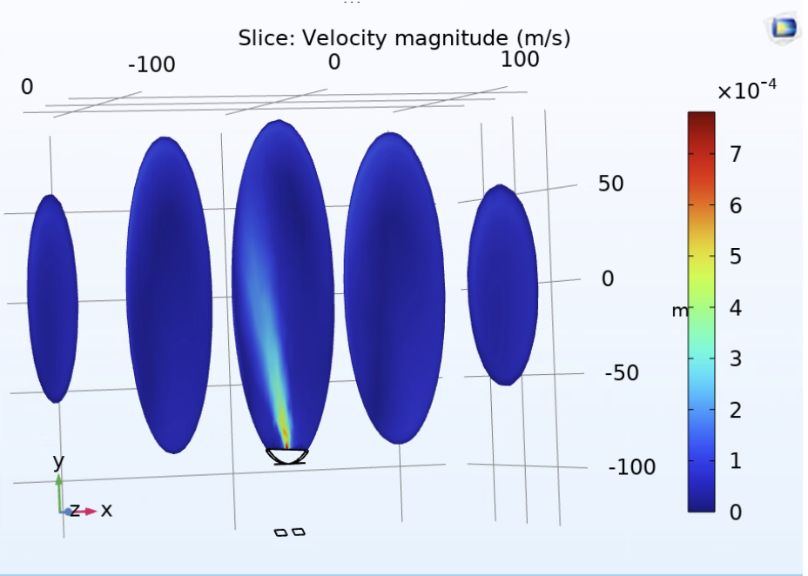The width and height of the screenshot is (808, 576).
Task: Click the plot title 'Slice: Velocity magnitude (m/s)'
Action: click(404, 38)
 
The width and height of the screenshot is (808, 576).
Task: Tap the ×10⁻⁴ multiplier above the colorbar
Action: click(746, 90)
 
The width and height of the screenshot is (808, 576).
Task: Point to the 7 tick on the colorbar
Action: click(735, 154)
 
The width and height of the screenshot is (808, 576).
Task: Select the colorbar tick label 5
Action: click(735, 257)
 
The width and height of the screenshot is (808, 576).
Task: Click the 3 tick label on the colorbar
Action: click(735, 358)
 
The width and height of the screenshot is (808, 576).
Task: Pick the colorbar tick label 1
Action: click(735, 461)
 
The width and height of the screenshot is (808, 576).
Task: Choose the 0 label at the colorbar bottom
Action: click(735, 512)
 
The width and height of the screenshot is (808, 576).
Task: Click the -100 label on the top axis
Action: click(151, 64)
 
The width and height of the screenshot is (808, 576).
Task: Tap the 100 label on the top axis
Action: click(520, 59)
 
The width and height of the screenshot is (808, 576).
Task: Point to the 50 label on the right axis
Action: click(610, 184)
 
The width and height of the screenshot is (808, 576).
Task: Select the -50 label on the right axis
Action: click(622, 372)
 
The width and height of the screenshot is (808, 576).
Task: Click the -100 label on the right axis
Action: click(631, 467)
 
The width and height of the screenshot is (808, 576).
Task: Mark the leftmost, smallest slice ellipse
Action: click(52, 298)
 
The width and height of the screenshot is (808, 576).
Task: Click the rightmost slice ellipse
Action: click(502, 285)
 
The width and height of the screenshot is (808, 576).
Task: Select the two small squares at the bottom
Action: click(290, 532)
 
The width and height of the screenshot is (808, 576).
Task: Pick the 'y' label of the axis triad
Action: click(58, 461)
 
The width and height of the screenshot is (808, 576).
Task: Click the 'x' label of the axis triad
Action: click(106, 510)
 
